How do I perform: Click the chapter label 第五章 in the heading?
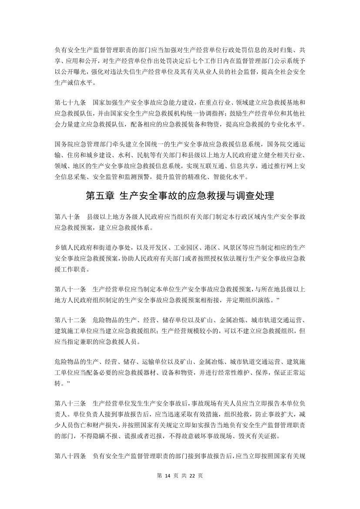[x=101, y=196]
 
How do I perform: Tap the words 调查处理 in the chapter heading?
[x=254, y=196]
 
